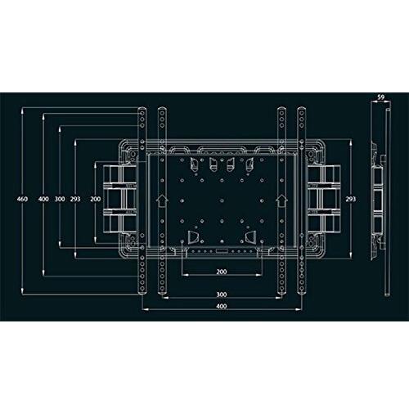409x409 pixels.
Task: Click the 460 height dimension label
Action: (x=22, y=199)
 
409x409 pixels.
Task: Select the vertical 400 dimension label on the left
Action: (x=43, y=199)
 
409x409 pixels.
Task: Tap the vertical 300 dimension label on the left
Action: (x=60, y=199)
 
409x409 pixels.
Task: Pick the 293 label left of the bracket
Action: (x=75, y=199)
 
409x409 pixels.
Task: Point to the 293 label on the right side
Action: (x=351, y=199)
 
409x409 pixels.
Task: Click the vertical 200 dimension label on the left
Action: (x=96, y=199)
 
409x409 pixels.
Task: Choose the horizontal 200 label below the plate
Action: (x=222, y=272)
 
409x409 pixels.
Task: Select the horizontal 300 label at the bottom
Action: (x=222, y=294)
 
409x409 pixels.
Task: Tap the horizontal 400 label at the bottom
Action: (x=222, y=306)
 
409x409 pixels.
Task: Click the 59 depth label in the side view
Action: (x=381, y=97)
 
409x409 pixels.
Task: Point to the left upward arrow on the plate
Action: (x=162, y=200)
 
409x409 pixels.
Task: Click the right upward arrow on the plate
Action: (x=281, y=200)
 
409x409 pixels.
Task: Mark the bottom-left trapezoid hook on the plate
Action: (x=193, y=236)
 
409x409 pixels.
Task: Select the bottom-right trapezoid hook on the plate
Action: (x=250, y=236)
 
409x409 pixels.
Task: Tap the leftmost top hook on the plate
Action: (x=194, y=164)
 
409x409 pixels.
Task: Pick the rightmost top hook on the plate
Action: (x=249, y=164)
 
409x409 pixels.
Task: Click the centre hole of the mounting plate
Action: (x=222, y=200)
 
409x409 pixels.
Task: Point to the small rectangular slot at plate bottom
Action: (x=222, y=250)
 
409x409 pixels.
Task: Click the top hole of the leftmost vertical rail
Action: (x=142, y=113)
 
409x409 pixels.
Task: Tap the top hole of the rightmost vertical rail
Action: (x=301, y=113)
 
